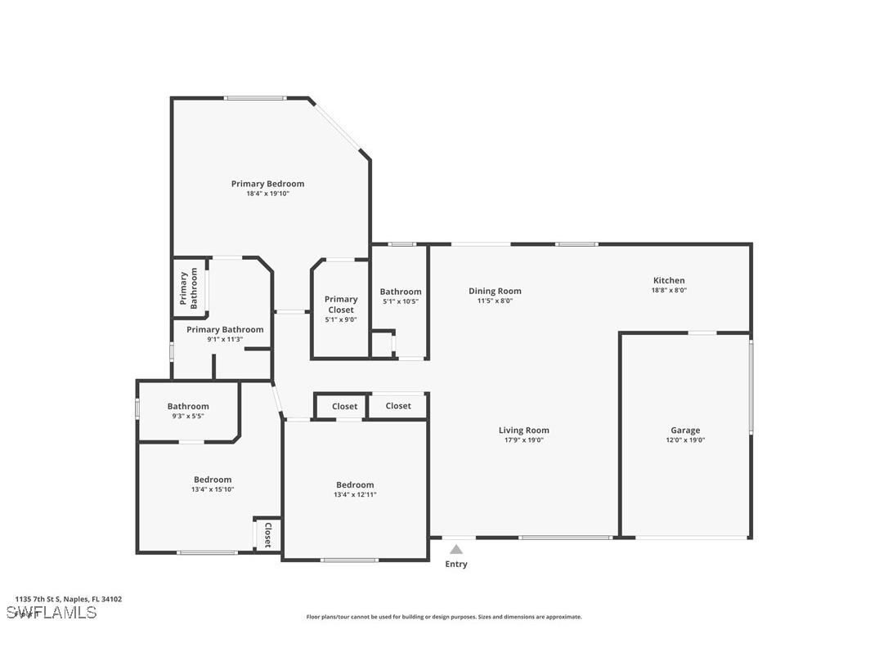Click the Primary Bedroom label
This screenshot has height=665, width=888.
[x=267, y=184]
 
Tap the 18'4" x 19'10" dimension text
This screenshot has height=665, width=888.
[x=267, y=194]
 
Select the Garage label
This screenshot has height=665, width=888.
[x=685, y=431]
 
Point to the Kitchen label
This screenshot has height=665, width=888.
[x=668, y=280]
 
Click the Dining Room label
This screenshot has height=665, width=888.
[x=495, y=291]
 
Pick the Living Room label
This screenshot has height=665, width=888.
[x=523, y=431]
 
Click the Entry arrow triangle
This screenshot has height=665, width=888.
[x=456, y=550]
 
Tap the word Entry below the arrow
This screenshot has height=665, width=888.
[x=456, y=565]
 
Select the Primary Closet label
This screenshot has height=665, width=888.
[x=341, y=304]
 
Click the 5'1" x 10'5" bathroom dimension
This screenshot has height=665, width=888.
[x=401, y=301]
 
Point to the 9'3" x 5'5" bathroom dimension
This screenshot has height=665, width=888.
[x=188, y=416]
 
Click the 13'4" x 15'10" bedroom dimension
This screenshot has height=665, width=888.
[x=213, y=489]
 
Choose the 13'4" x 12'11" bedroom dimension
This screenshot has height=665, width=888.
[x=355, y=494]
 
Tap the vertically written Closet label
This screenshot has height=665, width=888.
[x=267, y=535]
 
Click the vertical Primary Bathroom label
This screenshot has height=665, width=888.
[x=189, y=289]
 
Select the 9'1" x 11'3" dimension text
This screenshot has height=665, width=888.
[x=225, y=339]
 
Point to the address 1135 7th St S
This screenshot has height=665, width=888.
[x=68, y=599]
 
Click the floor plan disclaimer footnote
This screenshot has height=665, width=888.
[x=444, y=617]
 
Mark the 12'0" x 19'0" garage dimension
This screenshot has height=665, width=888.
[x=685, y=440]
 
